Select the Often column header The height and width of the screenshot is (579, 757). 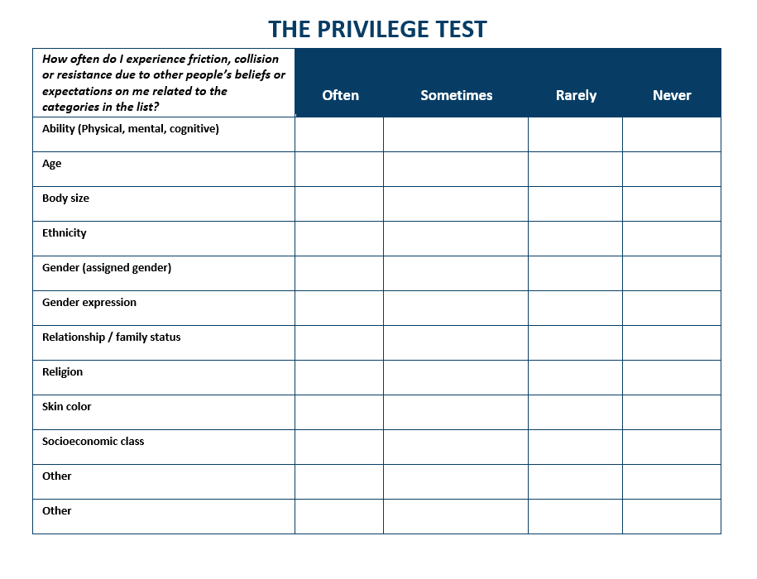340,95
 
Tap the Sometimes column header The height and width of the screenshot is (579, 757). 456,95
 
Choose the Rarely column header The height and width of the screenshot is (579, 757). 576,95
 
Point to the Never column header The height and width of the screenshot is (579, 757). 671,95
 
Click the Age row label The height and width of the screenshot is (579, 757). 52,164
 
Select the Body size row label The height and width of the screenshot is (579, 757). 65,199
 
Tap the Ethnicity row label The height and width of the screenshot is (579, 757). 65,233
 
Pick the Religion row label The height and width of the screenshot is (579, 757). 63,372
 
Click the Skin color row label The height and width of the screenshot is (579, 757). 67,407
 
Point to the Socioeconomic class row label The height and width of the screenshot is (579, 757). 93,442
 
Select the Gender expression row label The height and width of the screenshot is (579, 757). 89,303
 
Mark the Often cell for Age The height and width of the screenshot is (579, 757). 339,169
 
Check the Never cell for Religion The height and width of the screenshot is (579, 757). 671,377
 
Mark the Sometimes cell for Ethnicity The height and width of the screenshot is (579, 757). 455,238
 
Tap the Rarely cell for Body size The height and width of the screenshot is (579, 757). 575,203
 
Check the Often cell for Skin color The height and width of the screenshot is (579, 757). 339,412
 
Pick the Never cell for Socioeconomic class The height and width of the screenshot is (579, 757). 671,447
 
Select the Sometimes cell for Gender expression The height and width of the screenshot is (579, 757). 455,308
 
